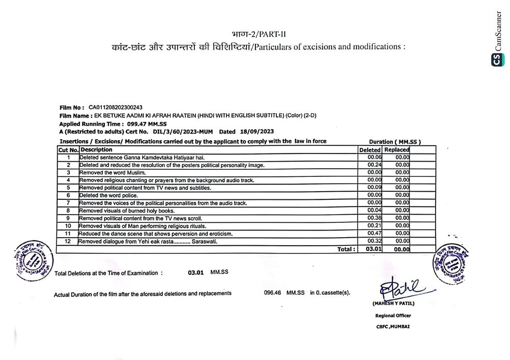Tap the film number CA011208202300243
pos(116,108)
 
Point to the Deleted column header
pos(370,150)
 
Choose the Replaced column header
pos(397,150)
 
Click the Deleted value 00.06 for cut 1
pos(374,158)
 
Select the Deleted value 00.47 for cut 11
pos(374,234)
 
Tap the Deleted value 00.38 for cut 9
pos(374,218)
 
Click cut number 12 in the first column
pos(67,241)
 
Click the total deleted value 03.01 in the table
pos(374,249)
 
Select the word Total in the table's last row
pos(346,249)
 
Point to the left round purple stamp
pos(34,260)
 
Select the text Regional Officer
pos(393,316)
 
